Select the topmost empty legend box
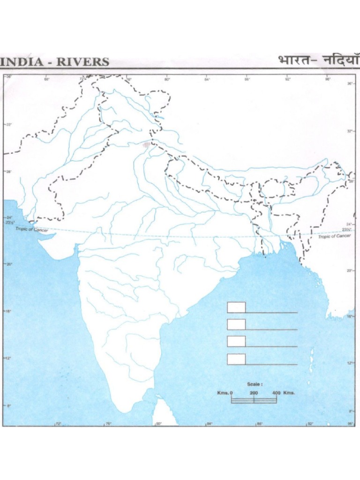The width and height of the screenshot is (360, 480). point(236,307)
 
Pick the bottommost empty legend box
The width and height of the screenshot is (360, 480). point(236,359)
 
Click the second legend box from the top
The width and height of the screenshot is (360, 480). point(236,324)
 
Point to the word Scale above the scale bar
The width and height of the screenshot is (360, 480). point(255,384)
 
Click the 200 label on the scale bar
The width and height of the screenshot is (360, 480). point(254,392)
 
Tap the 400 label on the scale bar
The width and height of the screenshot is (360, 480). point(276,392)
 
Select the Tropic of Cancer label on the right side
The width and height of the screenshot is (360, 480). point(335,236)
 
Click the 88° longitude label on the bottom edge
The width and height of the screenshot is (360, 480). point(259,424)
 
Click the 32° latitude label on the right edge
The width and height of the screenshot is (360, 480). point(350,131)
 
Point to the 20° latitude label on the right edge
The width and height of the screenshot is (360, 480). point(350,270)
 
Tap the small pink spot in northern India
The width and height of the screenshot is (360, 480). point(148,144)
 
